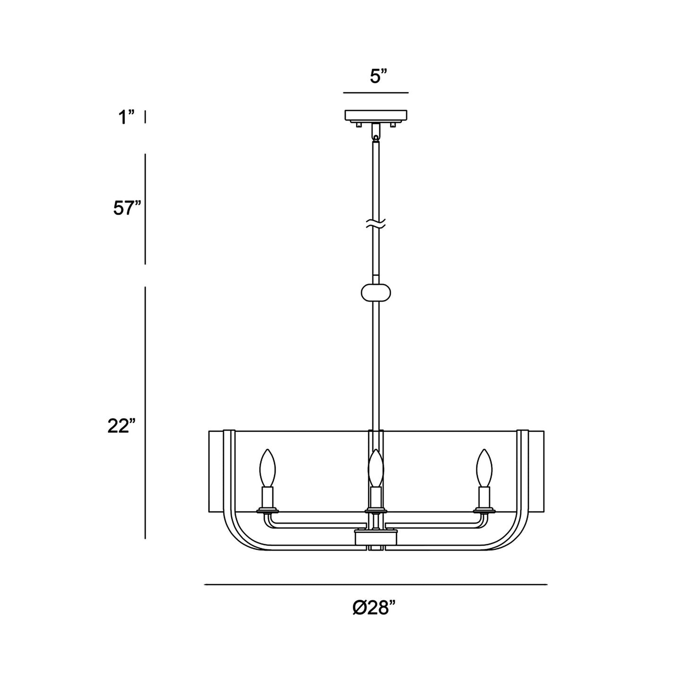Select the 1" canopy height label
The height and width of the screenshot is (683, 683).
pos(126,117)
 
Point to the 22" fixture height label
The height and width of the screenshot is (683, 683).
pos(121,426)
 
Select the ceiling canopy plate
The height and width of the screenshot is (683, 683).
pos(376,116)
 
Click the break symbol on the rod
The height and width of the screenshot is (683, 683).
pos(376,224)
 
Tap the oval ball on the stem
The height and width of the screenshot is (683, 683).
pos(376,292)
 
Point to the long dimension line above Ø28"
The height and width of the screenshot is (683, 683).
pos(375,585)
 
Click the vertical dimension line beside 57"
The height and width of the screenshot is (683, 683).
pos(145,209)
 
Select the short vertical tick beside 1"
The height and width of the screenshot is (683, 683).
pos(145,116)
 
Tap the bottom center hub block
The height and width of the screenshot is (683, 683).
pos(376,536)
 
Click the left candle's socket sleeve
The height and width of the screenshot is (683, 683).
pos(268,497)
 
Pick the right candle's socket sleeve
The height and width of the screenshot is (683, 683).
pos(484,497)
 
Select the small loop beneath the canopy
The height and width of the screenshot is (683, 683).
pos(376,138)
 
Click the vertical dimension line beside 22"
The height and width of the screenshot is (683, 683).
pos(145,412)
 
